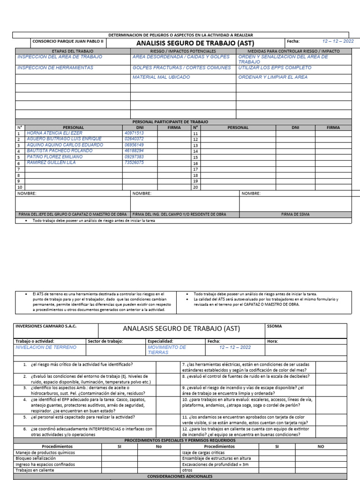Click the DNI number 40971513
[x=134, y=133]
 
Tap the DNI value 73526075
[x=134, y=163]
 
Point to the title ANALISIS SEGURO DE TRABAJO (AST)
[x=195, y=43]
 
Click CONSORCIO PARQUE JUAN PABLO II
[x=67, y=41]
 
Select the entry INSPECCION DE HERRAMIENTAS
[x=55, y=68]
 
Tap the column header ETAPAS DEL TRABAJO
[x=72, y=51]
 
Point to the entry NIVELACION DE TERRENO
[x=45, y=348]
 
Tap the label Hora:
[x=272, y=341]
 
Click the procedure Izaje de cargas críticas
[x=201, y=453]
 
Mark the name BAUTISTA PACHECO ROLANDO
[x=53, y=151]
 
